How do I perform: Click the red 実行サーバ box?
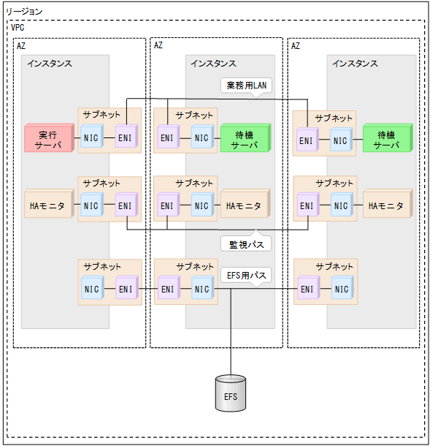[49, 138]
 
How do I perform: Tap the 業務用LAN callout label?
[246, 86]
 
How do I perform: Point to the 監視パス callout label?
[246, 243]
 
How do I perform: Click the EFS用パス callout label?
[246, 275]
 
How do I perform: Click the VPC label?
[18, 27]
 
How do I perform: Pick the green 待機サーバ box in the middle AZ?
[244, 137]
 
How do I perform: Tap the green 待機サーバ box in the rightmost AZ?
[386, 138]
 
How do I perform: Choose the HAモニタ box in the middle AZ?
[244, 206]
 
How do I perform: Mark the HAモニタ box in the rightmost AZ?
[386, 206]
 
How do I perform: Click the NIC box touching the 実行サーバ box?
[91, 137]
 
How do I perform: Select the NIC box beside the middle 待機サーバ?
[201, 137]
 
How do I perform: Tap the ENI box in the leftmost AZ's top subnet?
[126, 137]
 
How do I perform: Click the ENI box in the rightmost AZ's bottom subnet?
[307, 290]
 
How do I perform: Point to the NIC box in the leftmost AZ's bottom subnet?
[91, 290]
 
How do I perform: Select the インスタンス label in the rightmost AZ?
[355, 64]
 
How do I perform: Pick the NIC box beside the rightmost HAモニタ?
[341, 206]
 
